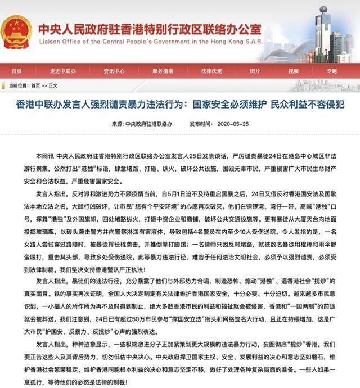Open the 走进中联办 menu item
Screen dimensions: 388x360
pos(61,71)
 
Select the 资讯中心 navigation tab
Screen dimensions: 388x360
pos(113,71)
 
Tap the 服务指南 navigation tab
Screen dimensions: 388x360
pos(162,71)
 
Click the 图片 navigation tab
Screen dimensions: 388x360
pos(255,71)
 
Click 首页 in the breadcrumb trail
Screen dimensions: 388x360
pos(35,85)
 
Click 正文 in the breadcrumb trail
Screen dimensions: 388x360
pos(53,85)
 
